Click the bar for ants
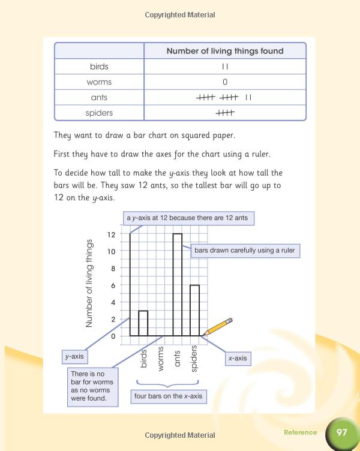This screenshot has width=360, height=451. [x=178, y=285]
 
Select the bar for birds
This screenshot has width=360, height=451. [x=143, y=323]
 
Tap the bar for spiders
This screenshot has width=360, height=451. [x=194, y=310]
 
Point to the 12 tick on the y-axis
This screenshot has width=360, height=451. [x=112, y=234]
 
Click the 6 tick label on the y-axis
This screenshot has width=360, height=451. [x=112, y=285]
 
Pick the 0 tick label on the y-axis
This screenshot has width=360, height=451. [x=112, y=336]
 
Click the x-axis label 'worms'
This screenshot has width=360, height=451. [x=160, y=359]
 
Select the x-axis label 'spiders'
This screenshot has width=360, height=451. [x=194, y=359]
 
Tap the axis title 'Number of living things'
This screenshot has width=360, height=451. [x=89, y=283]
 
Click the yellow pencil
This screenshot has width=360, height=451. [x=218, y=327]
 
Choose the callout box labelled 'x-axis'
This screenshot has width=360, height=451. [x=236, y=359]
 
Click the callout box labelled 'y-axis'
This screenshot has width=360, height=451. [x=74, y=357]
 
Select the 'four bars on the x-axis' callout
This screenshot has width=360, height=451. [x=168, y=396]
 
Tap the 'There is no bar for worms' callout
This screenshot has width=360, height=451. [x=92, y=386]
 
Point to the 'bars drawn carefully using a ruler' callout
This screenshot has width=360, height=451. [x=244, y=250]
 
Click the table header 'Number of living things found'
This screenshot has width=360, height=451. [x=225, y=51]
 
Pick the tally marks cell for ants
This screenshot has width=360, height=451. [x=225, y=97]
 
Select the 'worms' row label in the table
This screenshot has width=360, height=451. [x=99, y=82]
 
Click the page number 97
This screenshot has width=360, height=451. [x=342, y=432]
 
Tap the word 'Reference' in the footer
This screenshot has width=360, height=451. [x=300, y=432]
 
